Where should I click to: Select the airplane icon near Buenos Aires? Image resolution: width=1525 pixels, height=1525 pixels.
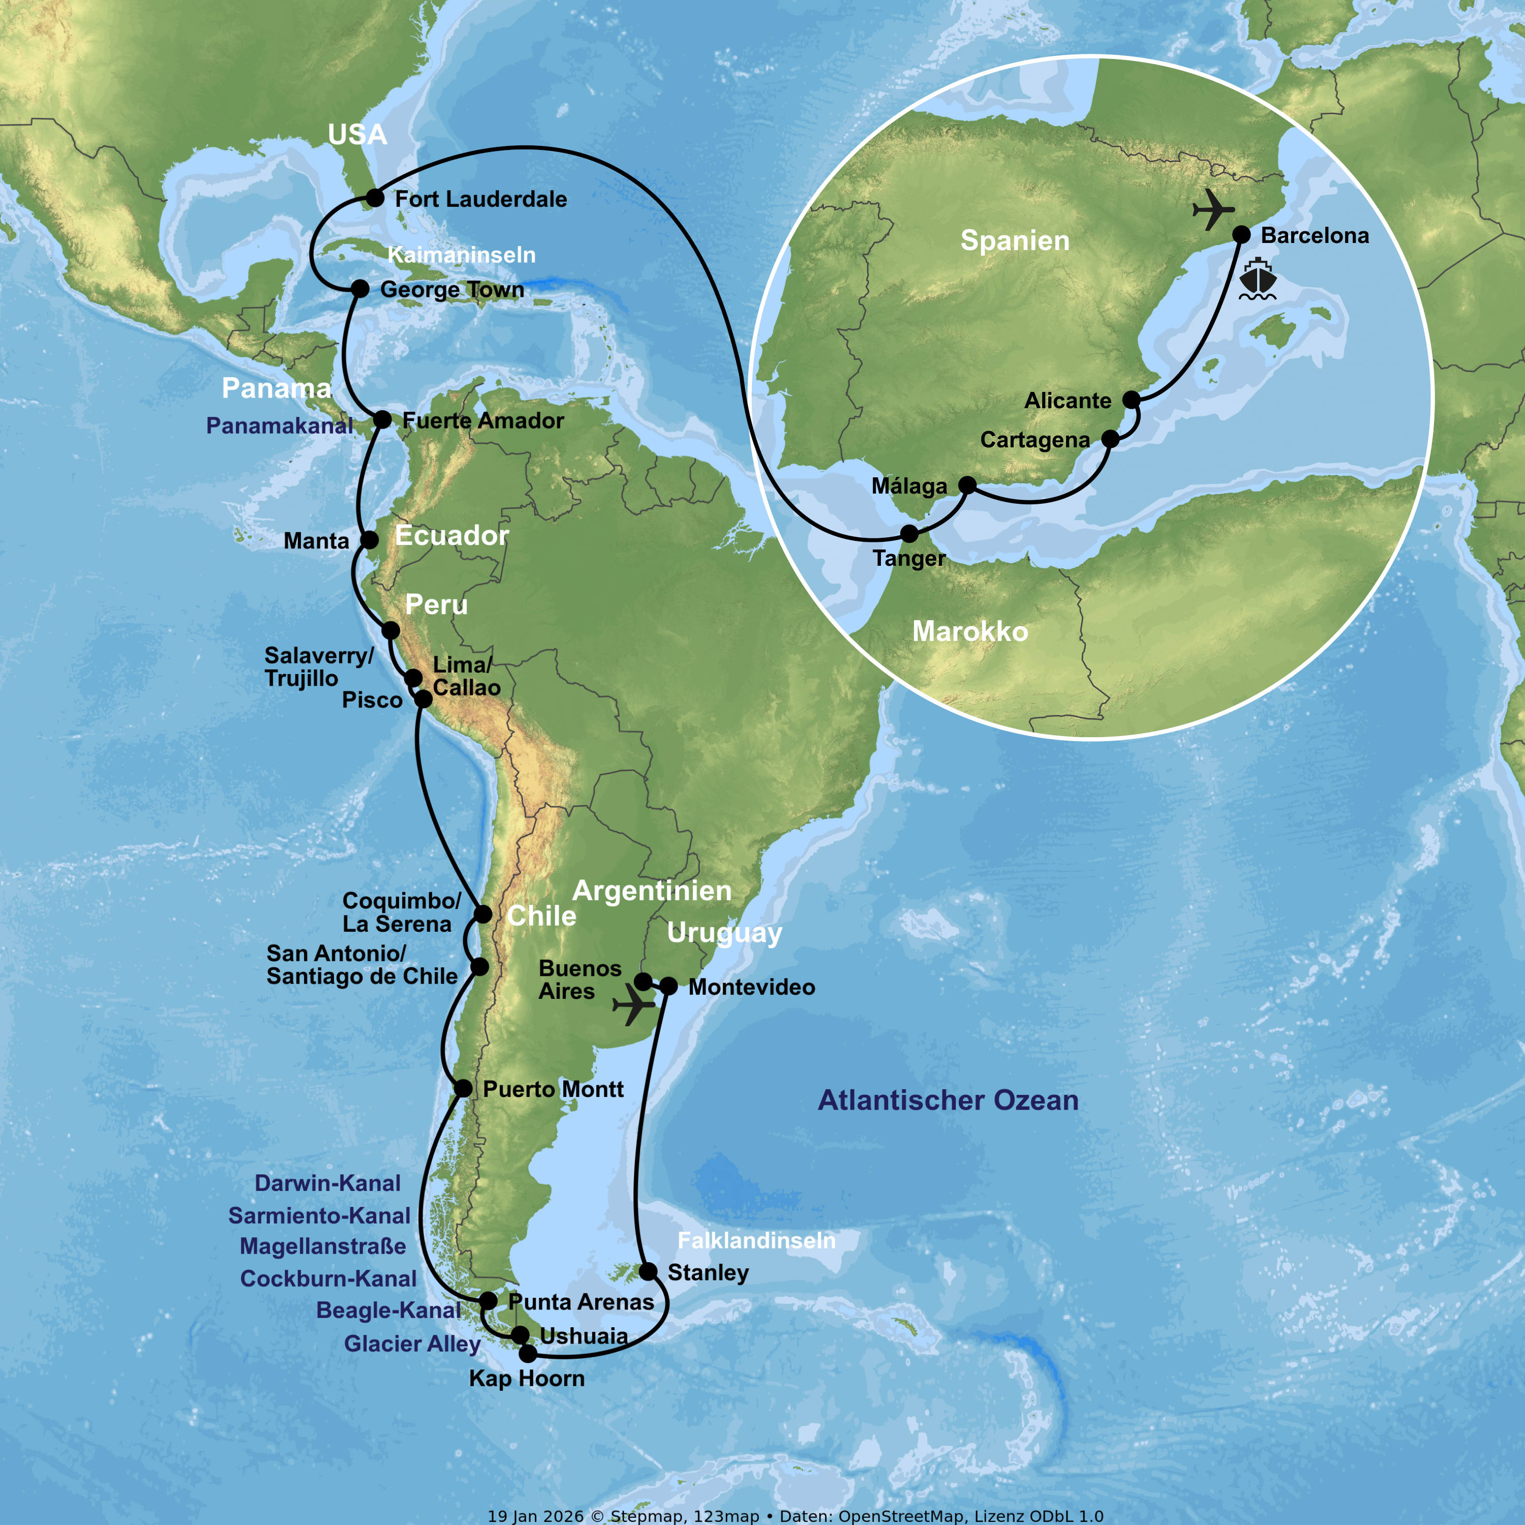click(634, 1005)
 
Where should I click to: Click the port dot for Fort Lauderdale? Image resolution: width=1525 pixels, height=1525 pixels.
click(375, 198)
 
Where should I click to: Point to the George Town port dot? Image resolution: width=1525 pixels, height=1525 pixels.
click(360, 288)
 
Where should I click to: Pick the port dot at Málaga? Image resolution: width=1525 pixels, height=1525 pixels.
click(967, 484)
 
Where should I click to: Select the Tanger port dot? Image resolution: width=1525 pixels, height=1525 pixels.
click(909, 534)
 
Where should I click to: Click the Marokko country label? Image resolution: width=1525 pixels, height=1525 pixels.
click(970, 631)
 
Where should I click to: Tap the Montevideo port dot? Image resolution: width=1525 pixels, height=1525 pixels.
click(668, 986)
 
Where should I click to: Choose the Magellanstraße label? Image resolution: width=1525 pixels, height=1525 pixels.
click(323, 1246)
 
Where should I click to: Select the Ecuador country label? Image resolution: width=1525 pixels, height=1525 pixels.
click(451, 536)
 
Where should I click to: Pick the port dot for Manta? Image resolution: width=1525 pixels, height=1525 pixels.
click(370, 540)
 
